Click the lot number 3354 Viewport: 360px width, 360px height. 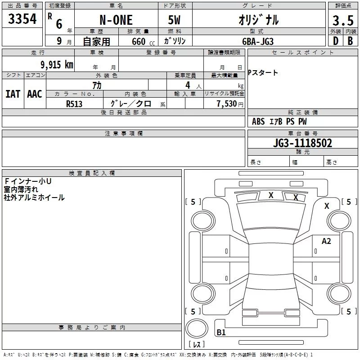click(x=22, y=19)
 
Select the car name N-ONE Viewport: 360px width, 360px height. click(x=116, y=20)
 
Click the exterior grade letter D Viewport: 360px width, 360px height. click(x=335, y=41)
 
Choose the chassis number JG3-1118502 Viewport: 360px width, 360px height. click(x=302, y=143)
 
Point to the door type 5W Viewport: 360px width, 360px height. click(x=175, y=20)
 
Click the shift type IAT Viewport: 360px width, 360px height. click(x=13, y=94)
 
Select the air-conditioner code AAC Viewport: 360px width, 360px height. click(x=35, y=94)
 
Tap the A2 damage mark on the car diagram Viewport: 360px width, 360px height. click(x=326, y=241)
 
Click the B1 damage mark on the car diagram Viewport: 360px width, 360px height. click(x=221, y=333)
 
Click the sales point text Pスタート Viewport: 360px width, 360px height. click(x=263, y=73)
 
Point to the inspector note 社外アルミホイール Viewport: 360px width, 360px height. click(x=34, y=198)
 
